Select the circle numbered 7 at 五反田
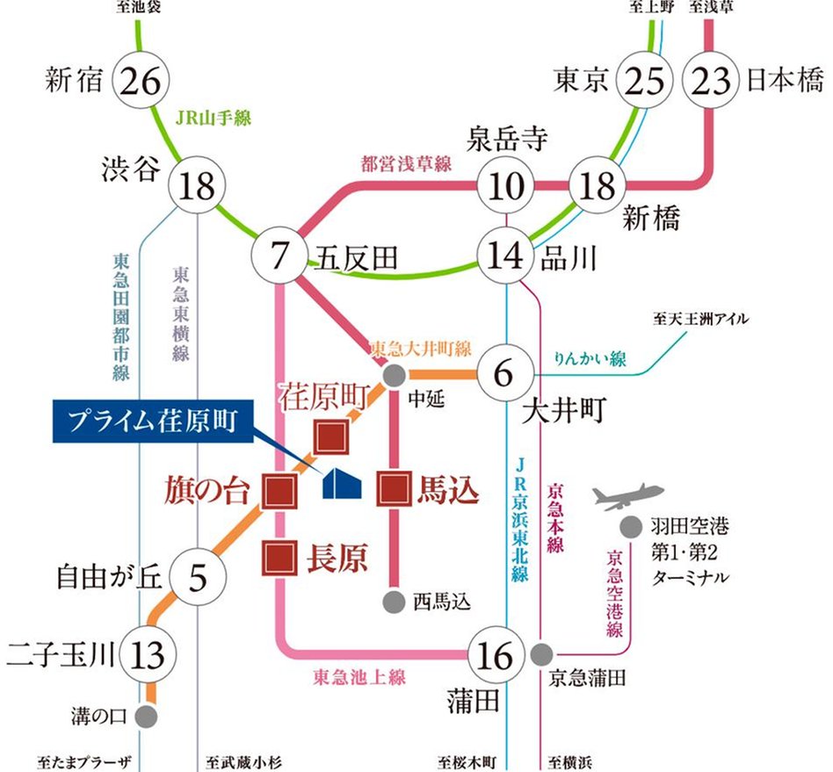point(279,256)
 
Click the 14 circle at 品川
point(507,257)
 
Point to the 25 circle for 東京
point(648,83)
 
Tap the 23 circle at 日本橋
point(712,83)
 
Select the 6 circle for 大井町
point(503,372)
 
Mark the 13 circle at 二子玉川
point(147,654)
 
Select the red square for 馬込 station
point(393,489)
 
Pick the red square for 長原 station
point(279,557)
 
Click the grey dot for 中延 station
point(394,375)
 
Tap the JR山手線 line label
point(213,117)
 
